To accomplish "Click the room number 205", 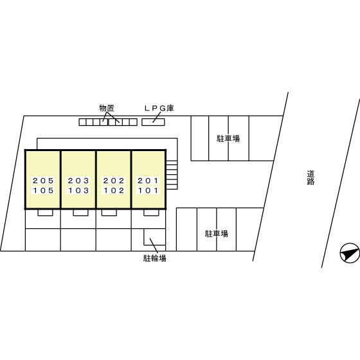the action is (x=43, y=181).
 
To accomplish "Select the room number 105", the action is (x=43, y=190).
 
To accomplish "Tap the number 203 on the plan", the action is (x=78, y=181).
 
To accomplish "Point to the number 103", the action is (x=78, y=190).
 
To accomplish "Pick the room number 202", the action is (x=114, y=181).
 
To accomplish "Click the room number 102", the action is (x=114, y=190).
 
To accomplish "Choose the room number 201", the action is (x=148, y=181).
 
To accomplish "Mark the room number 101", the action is (x=148, y=190).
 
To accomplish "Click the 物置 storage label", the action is (x=107, y=108).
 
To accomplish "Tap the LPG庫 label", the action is (x=159, y=108).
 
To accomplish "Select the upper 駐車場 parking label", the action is (x=228, y=138).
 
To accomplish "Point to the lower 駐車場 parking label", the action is (x=216, y=233).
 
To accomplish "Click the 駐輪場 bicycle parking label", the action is (x=155, y=258).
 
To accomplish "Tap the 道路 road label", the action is (x=310, y=177).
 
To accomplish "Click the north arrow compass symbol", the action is (x=350, y=253).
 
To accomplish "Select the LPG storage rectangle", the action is (x=153, y=122).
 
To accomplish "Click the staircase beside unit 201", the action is (x=172, y=175).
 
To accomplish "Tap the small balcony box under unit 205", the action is (x=45, y=213).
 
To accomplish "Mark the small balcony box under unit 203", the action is (x=80, y=213).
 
